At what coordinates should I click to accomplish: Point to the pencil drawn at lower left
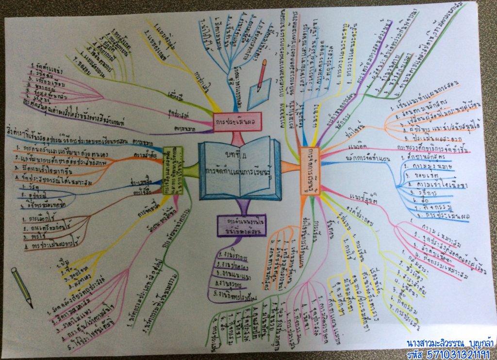pos(21,286)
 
